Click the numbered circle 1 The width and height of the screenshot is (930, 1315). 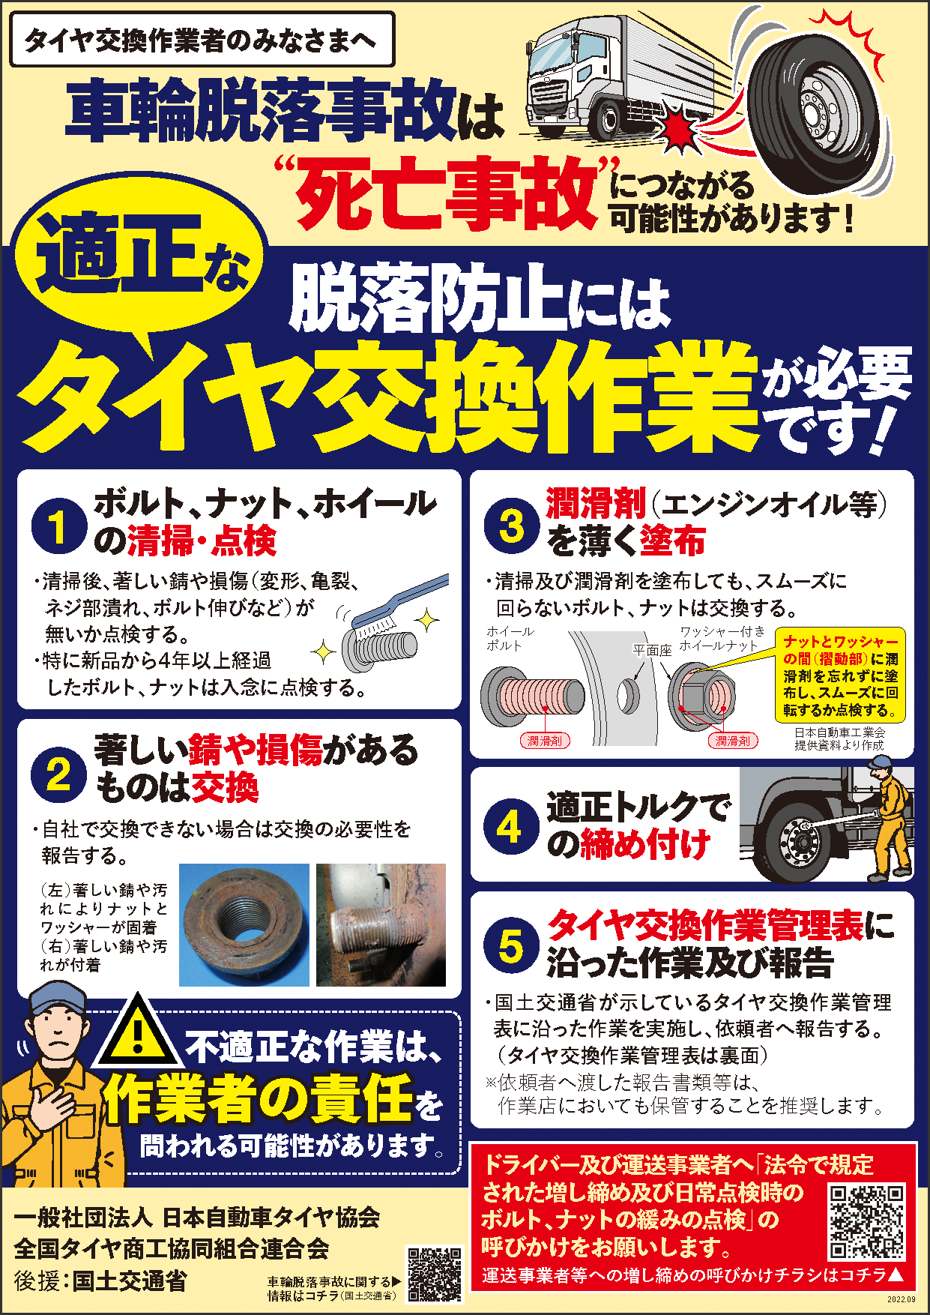[x=58, y=526]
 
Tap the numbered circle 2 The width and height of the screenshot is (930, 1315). [x=58, y=773]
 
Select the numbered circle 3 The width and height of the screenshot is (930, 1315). [x=511, y=526]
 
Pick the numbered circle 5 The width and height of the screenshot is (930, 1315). [x=511, y=945]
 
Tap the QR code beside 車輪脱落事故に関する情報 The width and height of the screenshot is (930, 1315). [x=435, y=1275]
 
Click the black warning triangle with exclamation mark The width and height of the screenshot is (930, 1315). [x=137, y=1032]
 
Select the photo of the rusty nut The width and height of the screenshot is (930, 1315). [x=244, y=924]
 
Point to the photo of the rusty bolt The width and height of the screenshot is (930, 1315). [x=381, y=924]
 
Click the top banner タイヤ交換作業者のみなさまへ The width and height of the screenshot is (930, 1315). [x=202, y=40]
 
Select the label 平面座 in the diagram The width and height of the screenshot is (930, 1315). [x=652, y=650]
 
